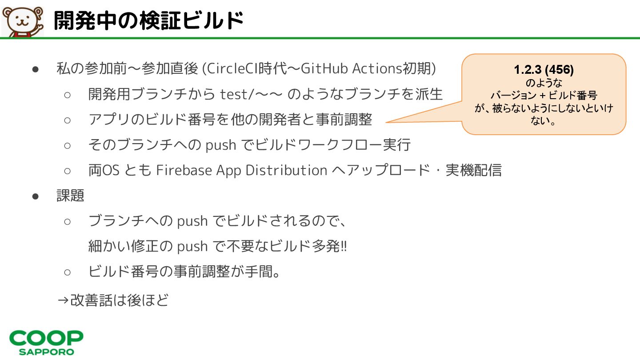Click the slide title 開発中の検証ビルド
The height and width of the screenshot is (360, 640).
click(x=148, y=20)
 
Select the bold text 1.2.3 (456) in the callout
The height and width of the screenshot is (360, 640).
click(x=544, y=70)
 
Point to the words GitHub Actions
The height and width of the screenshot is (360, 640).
click(x=352, y=68)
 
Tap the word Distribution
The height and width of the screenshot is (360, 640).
click(x=287, y=170)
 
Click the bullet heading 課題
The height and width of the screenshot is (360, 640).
click(x=70, y=196)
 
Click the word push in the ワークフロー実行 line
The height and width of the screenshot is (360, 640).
click(x=221, y=145)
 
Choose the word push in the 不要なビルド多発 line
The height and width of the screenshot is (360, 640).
click(x=192, y=246)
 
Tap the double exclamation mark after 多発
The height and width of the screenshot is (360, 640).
click(x=343, y=246)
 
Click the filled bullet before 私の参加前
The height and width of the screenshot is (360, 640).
click(x=36, y=69)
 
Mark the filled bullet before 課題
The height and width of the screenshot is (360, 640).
click(x=36, y=196)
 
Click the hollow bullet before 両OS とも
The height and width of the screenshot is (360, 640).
click(x=68, y=171)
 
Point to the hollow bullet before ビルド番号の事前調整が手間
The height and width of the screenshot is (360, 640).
click(x=68, y=272)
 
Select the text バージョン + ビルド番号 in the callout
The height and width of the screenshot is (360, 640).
click(x=544, y=95)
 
